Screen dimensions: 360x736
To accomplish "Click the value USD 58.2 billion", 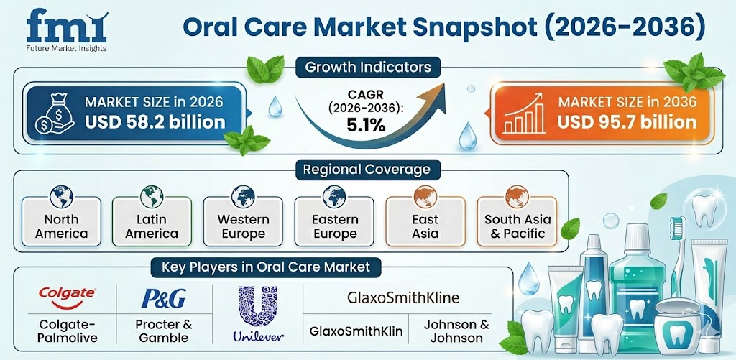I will click(x=155, y=122).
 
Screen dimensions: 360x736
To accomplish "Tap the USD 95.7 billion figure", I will click(x=626, y=122).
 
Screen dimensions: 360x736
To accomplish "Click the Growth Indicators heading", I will click(x=368, y=68).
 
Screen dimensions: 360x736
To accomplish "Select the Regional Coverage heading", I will click(x=368, y=170).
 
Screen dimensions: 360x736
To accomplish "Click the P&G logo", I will click(x=163, y=297).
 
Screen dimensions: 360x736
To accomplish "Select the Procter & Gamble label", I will click(x=165, y=331).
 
